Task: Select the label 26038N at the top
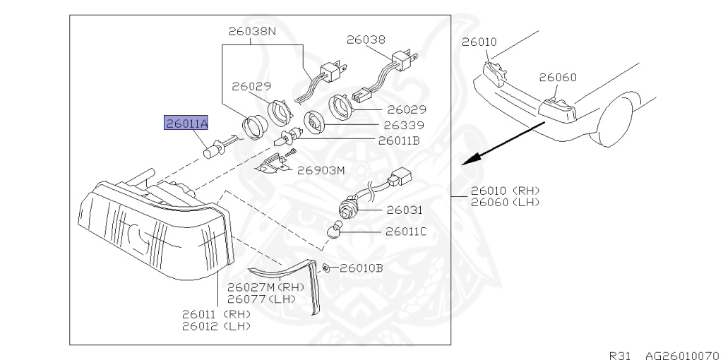click(251, 32)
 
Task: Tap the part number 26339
click(404, 125)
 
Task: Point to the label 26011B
click(400, 140)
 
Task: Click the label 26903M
click(321, 170)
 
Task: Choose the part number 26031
click(403, 210)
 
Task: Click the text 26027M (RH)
click(265, 287)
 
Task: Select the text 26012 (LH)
click(216, 326)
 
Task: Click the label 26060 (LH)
click(503, 201)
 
